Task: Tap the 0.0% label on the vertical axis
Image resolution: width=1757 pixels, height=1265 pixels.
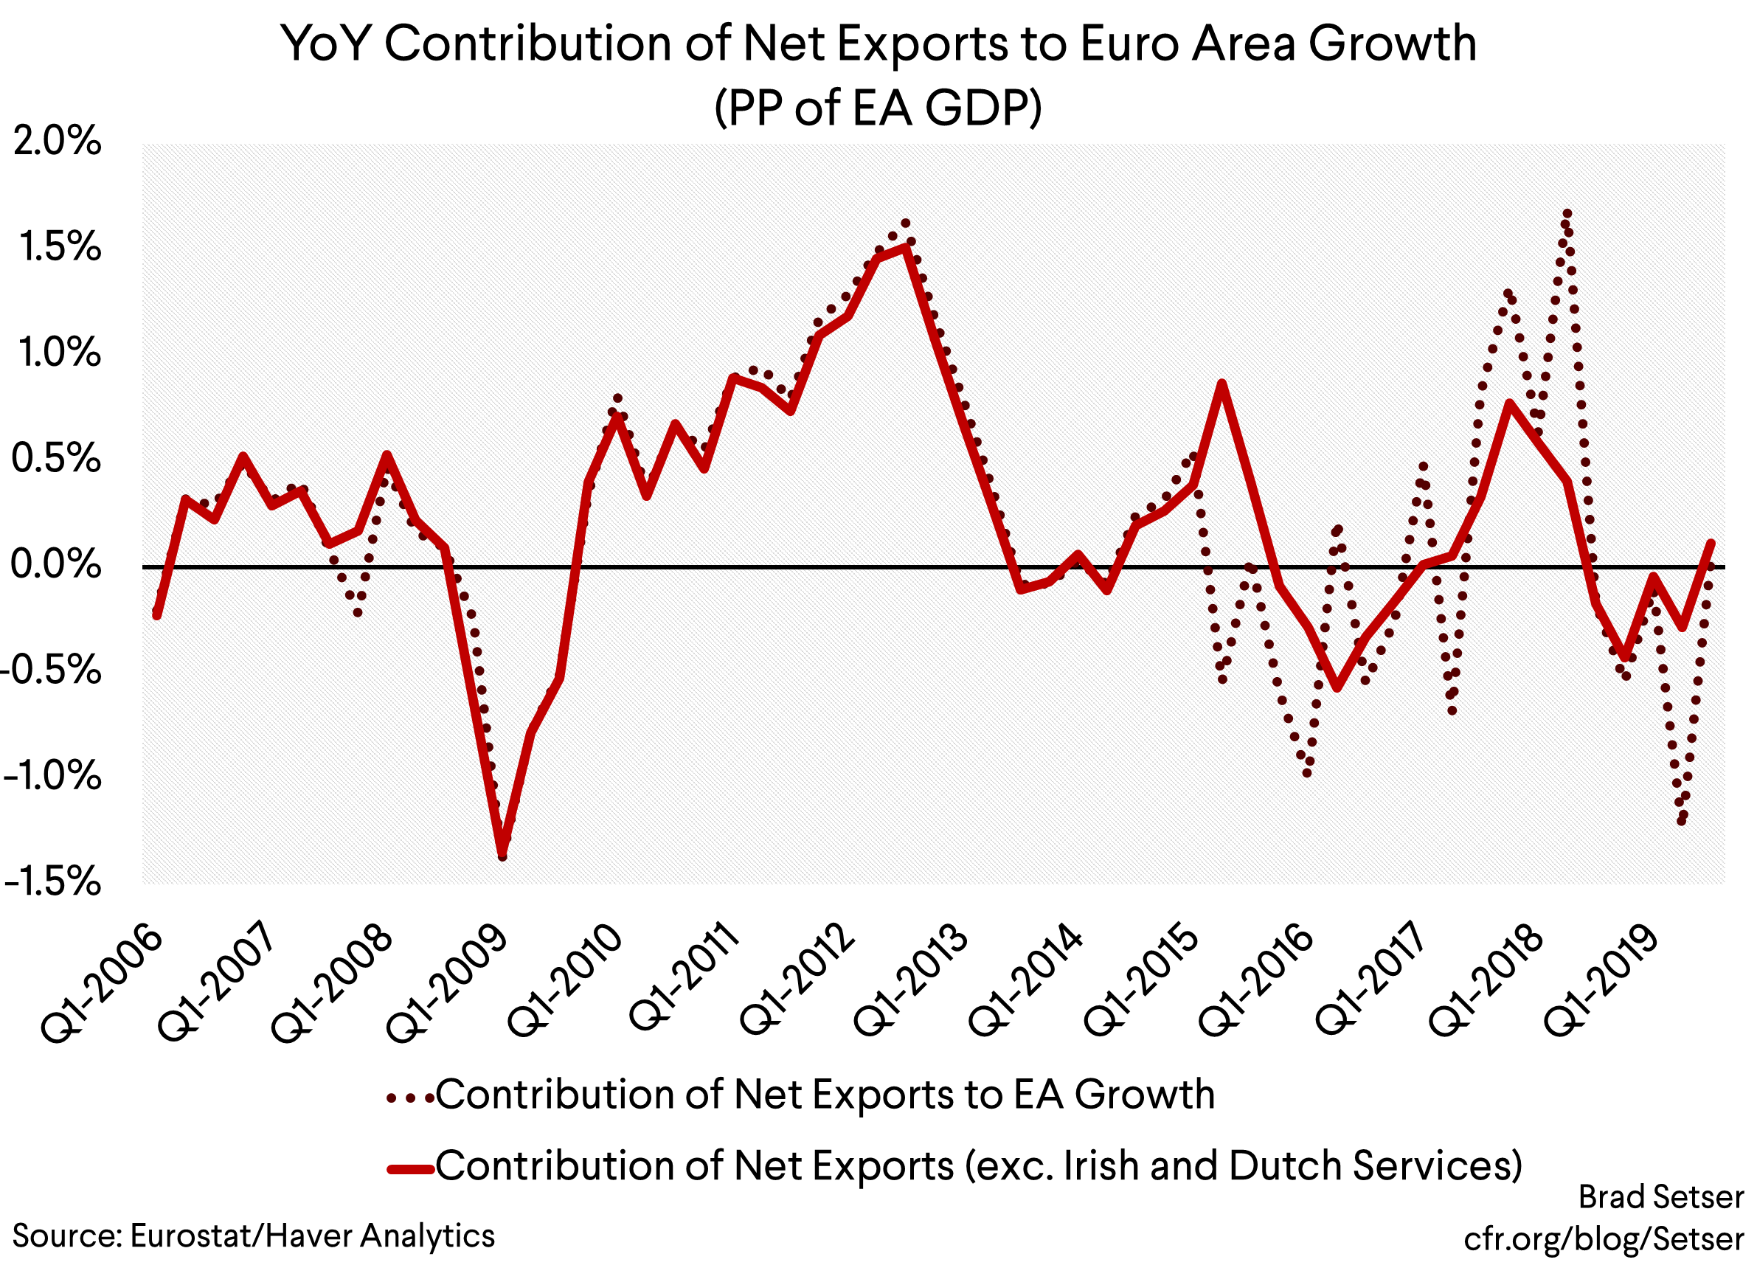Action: point(56,565)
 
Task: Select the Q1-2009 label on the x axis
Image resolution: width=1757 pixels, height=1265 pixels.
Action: point(447,982)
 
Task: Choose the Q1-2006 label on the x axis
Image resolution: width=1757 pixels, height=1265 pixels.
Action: point(102,982)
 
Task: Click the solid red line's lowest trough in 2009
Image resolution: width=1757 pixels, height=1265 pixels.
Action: point(502,853)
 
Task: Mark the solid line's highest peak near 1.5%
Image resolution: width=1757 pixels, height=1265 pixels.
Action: point(906,247)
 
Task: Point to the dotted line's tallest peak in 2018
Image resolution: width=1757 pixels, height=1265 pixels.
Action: point(1567,213)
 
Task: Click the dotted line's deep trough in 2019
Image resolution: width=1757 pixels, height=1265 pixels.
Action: point(1681,821)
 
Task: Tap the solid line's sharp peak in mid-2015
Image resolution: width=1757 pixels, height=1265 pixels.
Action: point(1221,384)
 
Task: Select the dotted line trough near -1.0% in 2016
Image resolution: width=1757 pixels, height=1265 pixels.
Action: point(1308,772)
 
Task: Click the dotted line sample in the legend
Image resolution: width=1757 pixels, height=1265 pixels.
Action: point(410,1098)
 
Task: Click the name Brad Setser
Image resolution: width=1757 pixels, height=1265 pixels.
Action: point(1661,1198)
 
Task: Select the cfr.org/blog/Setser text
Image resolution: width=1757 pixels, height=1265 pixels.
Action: point(1603,1238)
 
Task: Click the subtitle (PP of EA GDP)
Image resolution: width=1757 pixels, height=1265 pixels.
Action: point(878,108)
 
